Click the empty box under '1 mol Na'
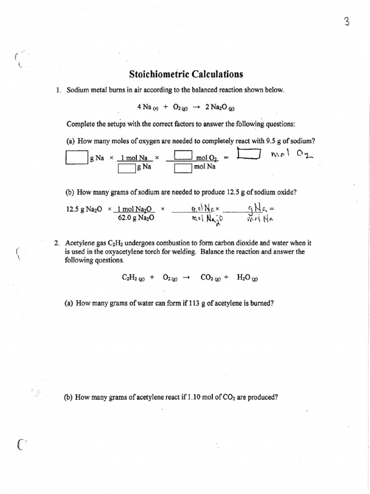(127, 168)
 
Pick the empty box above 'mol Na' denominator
(183, 168)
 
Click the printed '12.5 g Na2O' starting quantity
(84, 209)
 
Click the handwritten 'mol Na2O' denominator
(205, 219)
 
